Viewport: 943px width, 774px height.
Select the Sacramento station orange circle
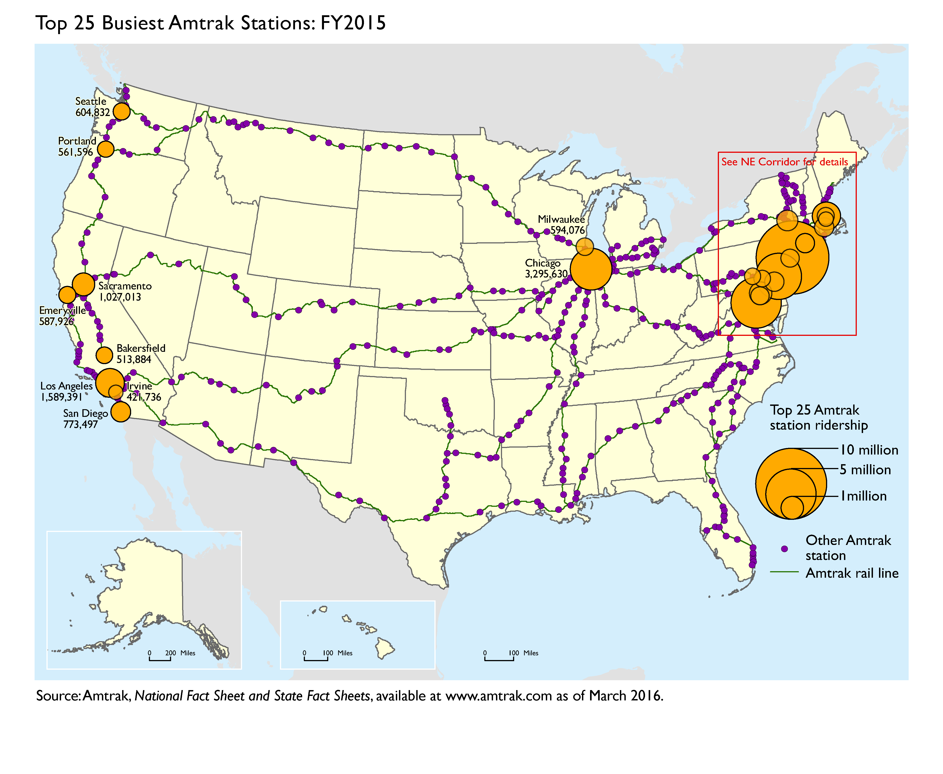(84, 284)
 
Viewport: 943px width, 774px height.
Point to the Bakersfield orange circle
(104, 355)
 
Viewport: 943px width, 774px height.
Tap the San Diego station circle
(120, 411)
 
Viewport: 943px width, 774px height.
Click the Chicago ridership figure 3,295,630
(546, 274)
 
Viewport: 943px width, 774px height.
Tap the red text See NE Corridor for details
(784, 162)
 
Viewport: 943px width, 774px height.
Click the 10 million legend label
(869, 450)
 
